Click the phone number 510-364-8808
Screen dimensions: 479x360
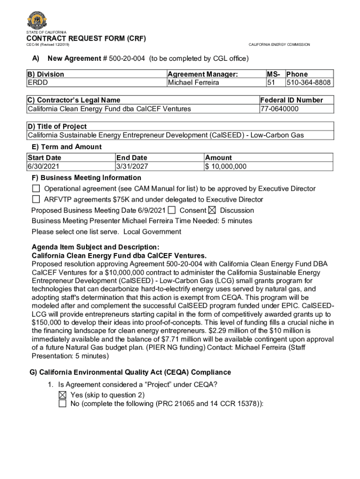[x=309, y=83]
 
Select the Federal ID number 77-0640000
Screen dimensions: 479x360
[x=280, y=109]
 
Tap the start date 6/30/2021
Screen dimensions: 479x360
[x=43, y=167]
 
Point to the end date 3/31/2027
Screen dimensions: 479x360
[x=132, y=167]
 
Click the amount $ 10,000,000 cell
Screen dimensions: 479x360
[x=226, y=167]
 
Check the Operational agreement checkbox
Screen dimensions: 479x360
[x=36, y=189]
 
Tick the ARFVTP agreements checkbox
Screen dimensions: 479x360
[x=36, y=199]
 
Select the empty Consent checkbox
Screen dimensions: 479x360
[x=172, y=210]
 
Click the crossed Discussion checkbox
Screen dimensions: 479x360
[x=212, y=210]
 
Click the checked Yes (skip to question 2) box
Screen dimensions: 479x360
[x=63, y=395]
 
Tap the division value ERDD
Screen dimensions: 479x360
[x=38, y=83]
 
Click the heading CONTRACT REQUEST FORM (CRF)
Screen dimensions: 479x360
[x=86, y=38]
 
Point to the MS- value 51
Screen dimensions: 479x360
[x=271, y=83]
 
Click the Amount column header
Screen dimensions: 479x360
[x=218, y=158]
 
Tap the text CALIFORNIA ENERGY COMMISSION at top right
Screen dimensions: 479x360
[x=279, y=45]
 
